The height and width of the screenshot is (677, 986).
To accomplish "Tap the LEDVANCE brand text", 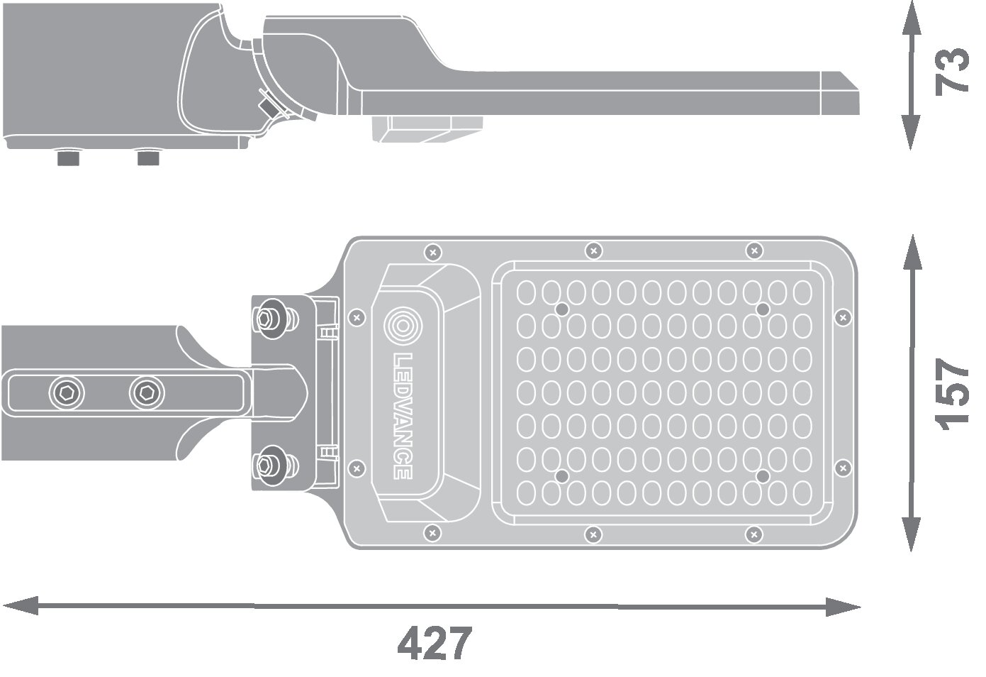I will [402, 414].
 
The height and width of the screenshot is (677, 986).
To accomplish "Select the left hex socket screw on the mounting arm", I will [65, 392].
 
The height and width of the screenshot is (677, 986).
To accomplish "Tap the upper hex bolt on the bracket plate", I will [269, 317].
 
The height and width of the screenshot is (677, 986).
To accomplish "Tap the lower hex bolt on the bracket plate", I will [268, 465].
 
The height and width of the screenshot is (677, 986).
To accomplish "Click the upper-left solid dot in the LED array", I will [561, 309].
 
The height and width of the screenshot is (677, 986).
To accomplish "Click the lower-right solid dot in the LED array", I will [762, 475].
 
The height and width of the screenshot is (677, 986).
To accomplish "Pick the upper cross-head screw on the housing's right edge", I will [841, 315].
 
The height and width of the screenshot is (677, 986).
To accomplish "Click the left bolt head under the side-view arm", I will [67, 157].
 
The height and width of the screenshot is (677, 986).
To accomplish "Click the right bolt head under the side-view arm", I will [148, 157].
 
